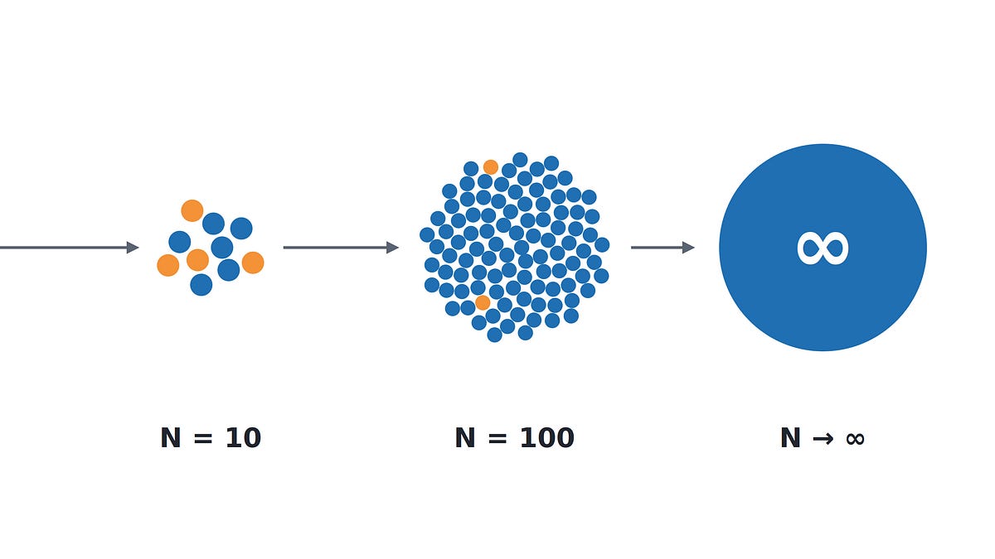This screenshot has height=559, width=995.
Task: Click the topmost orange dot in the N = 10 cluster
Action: tap(192, 210)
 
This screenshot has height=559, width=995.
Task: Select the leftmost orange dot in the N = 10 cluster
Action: tap(168, 265)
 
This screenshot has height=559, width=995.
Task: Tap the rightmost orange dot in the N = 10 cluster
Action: tap(253, 263)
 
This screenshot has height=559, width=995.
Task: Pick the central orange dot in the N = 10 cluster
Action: tap(197, 260)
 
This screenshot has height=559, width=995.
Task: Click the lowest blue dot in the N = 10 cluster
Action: tap(201, 285)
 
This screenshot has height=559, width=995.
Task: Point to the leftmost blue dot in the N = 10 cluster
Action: tap(180, 242)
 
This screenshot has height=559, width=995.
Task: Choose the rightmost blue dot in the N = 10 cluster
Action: tap(241, 229)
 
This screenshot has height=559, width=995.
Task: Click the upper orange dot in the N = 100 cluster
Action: tap(491, 167)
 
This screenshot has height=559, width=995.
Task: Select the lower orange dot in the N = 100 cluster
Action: tap(483, 303)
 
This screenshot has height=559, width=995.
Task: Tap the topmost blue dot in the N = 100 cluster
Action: tap(520, 160)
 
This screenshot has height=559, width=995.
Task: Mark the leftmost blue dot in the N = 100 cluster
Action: tap(427, 234)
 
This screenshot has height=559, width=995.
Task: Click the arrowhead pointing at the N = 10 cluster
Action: tap(133, 248)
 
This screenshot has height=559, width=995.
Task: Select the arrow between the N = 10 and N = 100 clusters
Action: tap(341, 248)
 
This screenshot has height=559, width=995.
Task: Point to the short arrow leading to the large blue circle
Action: tap(663, 248)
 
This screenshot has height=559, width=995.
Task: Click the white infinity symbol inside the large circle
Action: tap(823, 248)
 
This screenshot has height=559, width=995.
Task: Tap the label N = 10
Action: tap(211, 438)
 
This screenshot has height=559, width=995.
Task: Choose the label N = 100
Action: tap(515, 438)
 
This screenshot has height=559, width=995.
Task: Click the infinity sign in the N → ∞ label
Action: tap(855, 439)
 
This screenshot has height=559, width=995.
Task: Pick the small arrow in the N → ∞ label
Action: tap(823, 439)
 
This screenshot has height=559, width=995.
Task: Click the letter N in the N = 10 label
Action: tap(171, 438)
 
